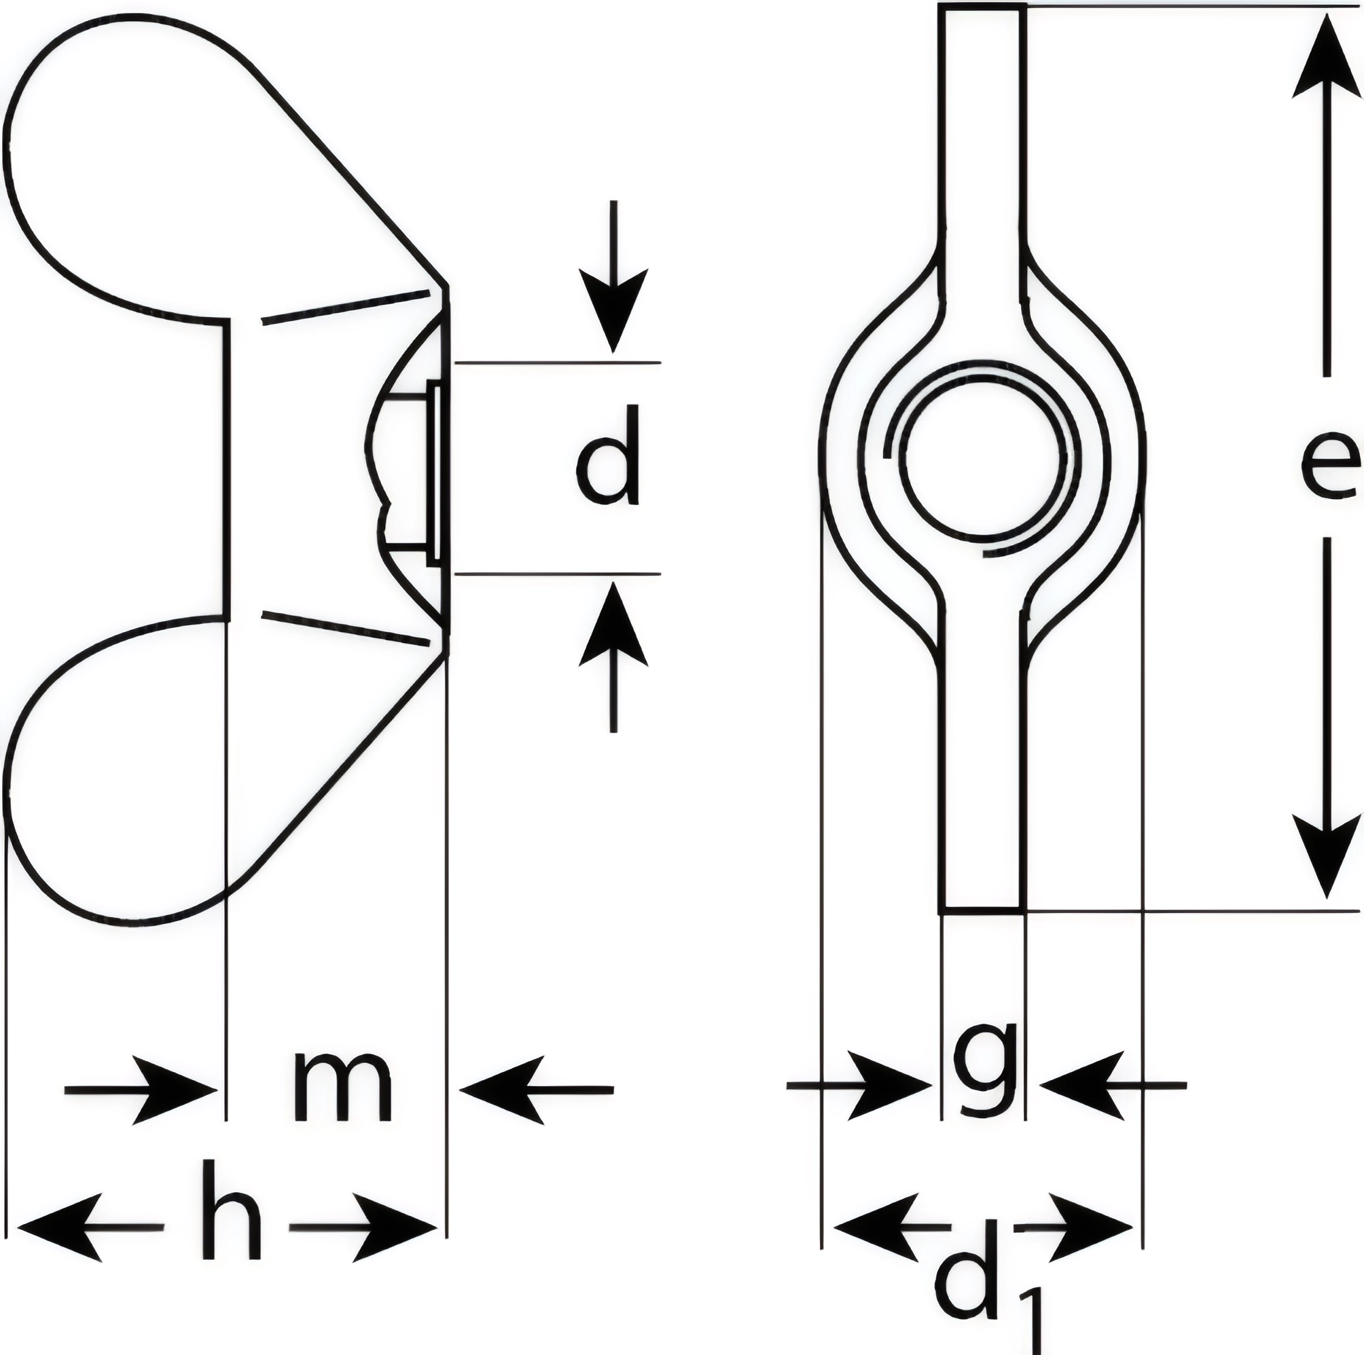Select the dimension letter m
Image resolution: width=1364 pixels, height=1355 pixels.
click(x=343, y=1087)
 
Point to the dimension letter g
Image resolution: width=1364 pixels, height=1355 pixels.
click(x=984, y=1076)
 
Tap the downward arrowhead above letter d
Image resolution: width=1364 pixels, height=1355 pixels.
click(x=613, y=308)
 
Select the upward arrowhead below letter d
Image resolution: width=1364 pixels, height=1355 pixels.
click(x=613, y=625)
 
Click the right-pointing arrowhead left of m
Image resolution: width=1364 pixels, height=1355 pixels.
click(x=177, y=1090)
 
